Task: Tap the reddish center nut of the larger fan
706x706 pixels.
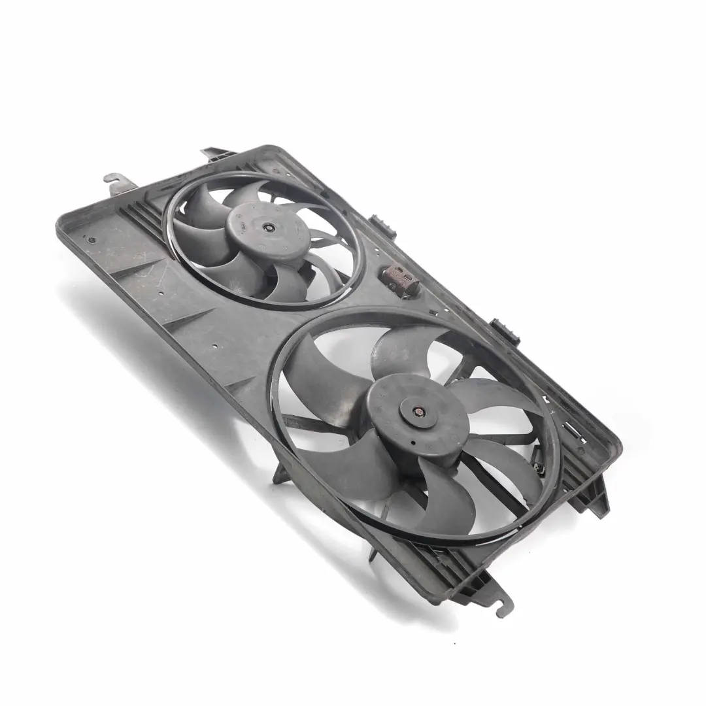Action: pos(417,412)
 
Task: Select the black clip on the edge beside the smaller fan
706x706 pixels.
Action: pos(381,224)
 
